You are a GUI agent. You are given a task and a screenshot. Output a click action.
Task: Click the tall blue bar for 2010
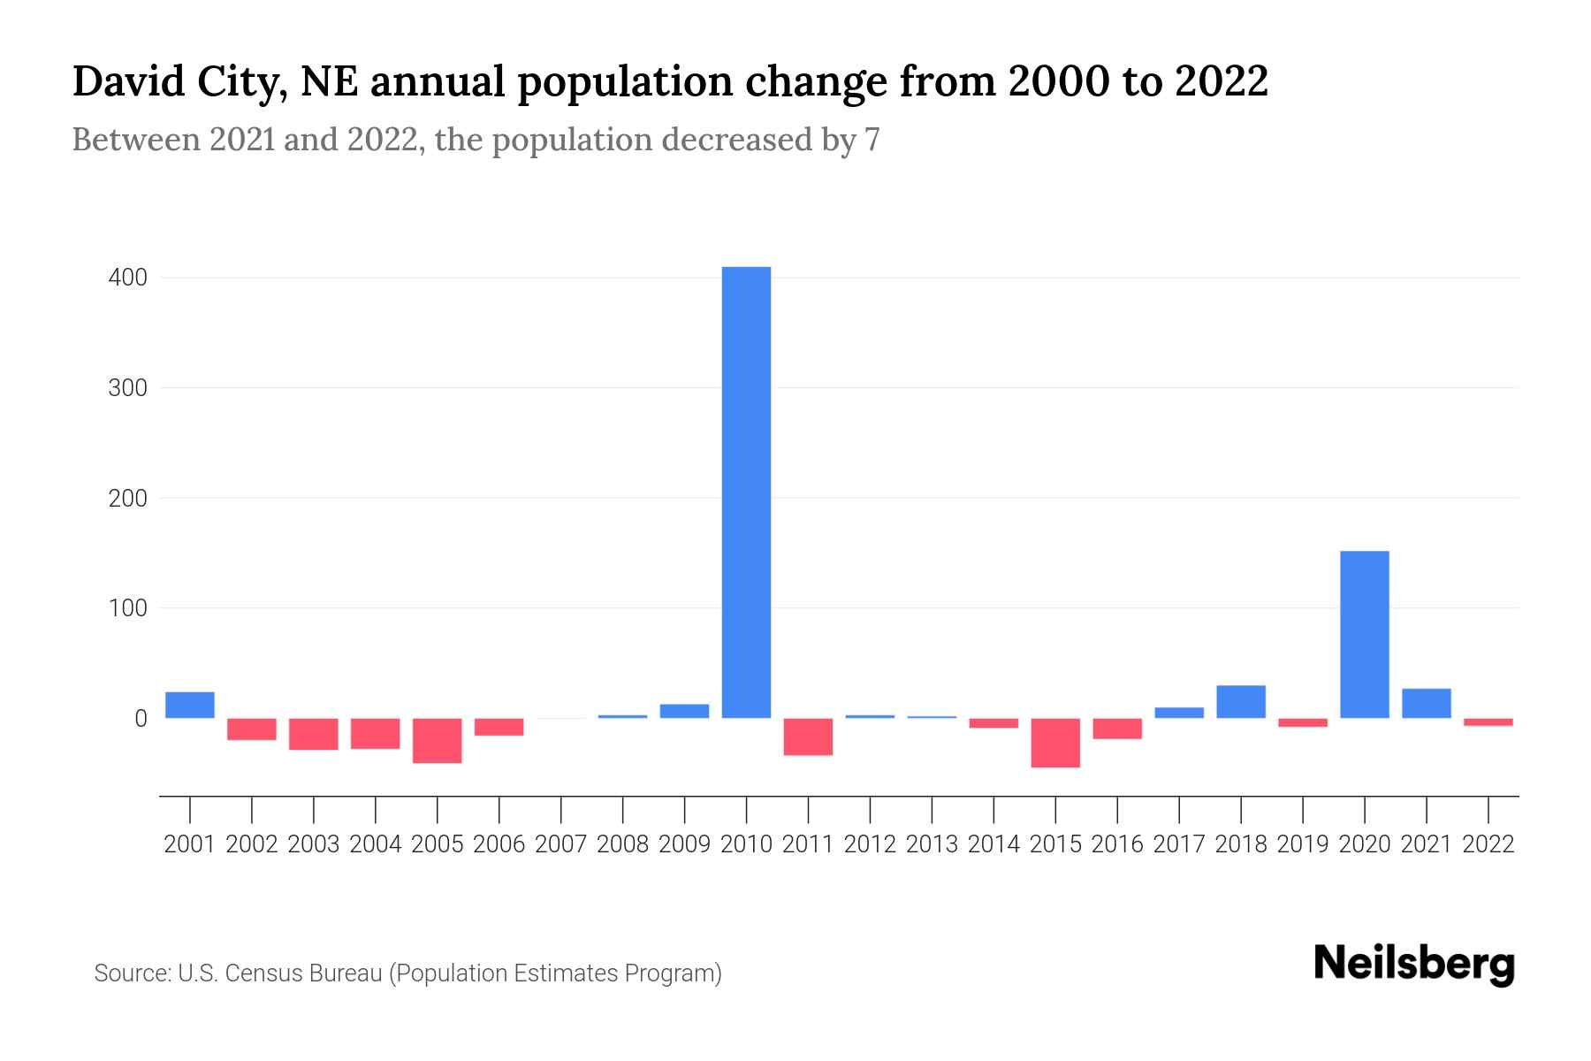pos(746,492)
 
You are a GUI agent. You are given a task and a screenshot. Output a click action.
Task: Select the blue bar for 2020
pos(1364,634)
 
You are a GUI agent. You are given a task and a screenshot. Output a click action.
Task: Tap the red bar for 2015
pos(1054,743)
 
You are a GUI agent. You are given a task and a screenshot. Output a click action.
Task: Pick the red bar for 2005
pos(437,740)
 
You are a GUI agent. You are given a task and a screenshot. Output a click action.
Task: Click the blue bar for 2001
pos(190,705)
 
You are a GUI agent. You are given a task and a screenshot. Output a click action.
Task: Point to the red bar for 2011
pos(808,737)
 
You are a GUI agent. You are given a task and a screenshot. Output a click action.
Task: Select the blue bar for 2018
pos(1240,701)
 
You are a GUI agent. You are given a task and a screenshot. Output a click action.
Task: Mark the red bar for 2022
pos(1488,722)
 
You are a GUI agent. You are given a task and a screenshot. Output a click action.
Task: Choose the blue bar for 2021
pos(1426,703)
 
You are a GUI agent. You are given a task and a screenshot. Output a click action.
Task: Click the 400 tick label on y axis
pos(127,279)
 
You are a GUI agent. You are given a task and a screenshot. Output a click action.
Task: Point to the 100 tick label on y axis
pos(127,608)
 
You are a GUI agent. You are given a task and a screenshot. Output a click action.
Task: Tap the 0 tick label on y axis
pos(140,719)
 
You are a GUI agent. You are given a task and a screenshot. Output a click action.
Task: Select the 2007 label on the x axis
pos(560,844)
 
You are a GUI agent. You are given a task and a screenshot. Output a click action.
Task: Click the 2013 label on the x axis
pos(932,844)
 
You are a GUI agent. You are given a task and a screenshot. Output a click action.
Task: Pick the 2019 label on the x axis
pos(1302,844)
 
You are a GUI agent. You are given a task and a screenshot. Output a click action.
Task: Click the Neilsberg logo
pos(1413,965)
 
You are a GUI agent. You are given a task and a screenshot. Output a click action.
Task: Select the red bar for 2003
pos(314,734)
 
